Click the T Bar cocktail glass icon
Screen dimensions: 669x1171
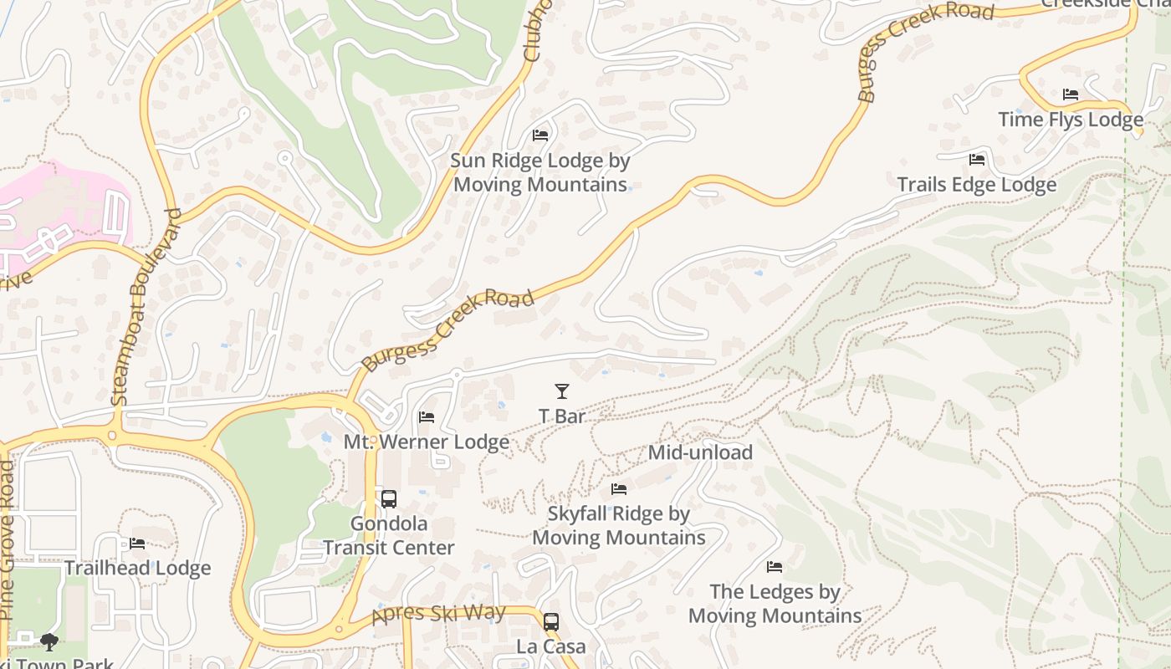click(x=561, y=391)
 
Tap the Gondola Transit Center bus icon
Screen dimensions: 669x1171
click(x=389, y=499)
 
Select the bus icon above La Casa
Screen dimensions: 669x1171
click(x=550, y=622)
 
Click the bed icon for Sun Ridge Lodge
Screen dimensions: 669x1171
click(x=540, y=135)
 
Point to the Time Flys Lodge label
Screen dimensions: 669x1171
click(x=1070, y=120)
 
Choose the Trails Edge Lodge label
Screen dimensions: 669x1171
click(x=976, y=185)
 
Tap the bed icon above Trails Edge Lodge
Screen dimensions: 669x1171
click(x=976, y=159)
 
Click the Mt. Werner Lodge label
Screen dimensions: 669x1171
click(x=427, y=442)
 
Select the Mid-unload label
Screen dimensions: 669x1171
click(x=700, y=452)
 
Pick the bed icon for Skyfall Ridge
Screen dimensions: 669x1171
click(x=619, y=489)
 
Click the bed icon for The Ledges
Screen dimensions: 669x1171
click(x=775, y=567)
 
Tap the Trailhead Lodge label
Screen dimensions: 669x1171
click(x=137, y=569)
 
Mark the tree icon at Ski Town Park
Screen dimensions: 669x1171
click(x=49, y=641)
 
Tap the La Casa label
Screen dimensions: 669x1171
click(x=550, y=647)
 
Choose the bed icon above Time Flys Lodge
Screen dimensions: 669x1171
click(x=1070, y=94)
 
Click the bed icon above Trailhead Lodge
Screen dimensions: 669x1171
click(x=137, y=544)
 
